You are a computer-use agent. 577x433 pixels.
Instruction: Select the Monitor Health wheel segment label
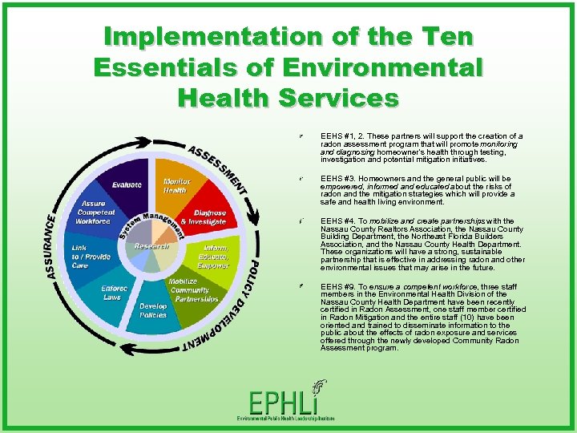coord(176,185)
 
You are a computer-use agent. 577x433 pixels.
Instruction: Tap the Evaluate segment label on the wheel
coord(127,184)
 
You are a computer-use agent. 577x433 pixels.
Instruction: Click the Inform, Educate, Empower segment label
coord(212,256)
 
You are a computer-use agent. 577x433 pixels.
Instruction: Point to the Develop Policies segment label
coord(153,310)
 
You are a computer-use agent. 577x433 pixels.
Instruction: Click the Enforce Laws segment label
coord(112,293)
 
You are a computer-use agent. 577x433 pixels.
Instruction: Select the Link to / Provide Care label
coord(91,257)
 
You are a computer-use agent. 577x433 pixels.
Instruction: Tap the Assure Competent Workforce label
coord(96,212)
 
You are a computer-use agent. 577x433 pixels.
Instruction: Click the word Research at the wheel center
coord(151,246)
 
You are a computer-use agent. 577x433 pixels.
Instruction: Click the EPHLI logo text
coord(286,403)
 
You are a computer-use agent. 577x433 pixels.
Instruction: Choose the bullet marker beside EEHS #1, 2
coord(299,137)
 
